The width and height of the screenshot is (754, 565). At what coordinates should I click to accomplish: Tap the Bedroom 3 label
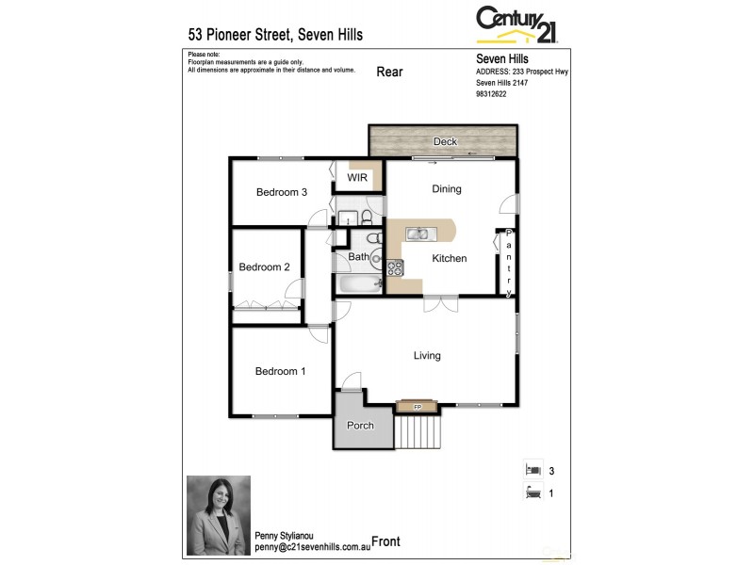282,192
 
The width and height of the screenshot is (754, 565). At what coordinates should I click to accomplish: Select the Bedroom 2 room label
264,267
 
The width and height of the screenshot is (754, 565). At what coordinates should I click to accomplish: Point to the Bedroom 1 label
280,371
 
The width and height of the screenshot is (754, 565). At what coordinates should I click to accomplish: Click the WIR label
357,177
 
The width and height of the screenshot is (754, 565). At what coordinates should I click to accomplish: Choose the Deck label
445,142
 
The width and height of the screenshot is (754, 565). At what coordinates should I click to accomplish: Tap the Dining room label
447,189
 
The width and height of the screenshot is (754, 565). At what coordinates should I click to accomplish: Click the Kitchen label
450,258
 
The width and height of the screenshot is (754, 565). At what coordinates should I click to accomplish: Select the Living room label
427,355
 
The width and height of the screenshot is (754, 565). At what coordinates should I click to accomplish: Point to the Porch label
360,426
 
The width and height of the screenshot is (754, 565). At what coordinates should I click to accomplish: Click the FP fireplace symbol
418,407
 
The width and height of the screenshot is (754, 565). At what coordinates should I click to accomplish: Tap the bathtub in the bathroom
358,284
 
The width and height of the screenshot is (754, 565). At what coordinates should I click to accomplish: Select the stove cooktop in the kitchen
395,267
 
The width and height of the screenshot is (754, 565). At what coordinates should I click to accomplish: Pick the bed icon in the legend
533,469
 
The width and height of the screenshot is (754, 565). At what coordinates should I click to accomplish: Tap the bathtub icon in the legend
533,491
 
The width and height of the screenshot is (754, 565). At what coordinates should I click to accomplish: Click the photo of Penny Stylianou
218,514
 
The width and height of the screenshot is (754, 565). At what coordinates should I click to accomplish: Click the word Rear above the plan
390,72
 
